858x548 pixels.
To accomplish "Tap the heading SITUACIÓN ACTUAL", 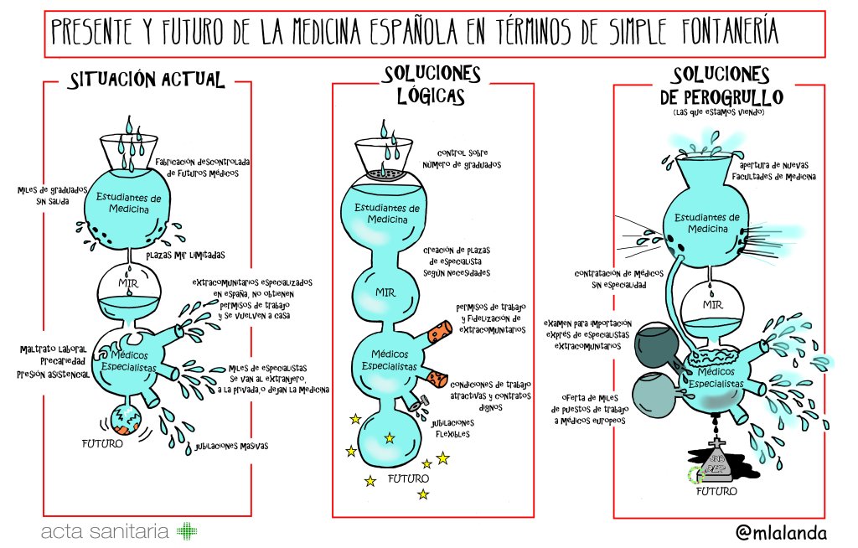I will click(x=147, y=80).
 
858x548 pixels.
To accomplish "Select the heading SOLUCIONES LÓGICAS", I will click(x=431, y=85).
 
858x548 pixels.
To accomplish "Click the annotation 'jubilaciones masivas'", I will click(x=230, y=446).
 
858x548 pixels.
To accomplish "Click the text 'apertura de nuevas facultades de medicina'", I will click(x=774, y=171).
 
